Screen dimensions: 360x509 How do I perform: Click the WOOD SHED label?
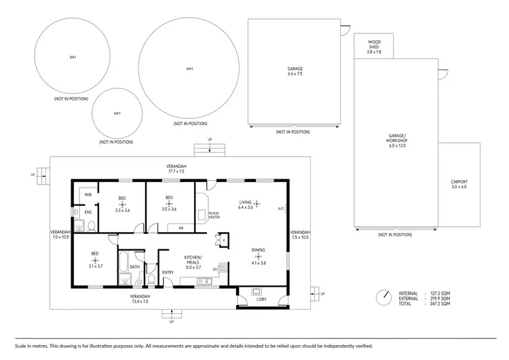click(x=374, y=47)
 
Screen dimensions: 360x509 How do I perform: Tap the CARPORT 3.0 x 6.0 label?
click(x=459, y=184)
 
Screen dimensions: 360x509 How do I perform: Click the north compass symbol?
click(x=385, y=297)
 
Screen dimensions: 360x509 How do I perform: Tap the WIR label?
click(x=88, y=195)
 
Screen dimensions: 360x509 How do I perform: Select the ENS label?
click(x=88, y=212)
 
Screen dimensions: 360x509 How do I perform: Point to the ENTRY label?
click(x=168, y=272)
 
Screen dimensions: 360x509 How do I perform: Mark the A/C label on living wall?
click(x=280, y=209)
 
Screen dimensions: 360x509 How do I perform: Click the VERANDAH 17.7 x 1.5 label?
click(x=177, y=168)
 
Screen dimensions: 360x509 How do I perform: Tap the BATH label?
click(x=134, y=266)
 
